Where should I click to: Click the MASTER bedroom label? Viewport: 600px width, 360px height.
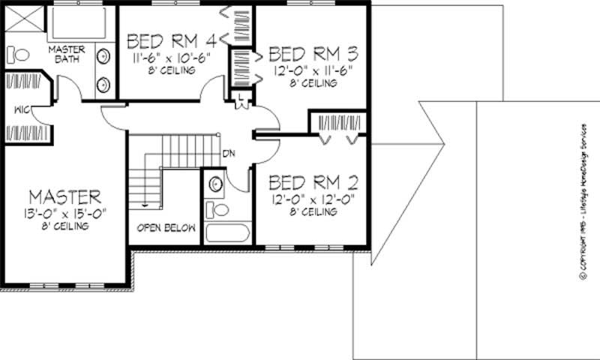(x=64, y=197)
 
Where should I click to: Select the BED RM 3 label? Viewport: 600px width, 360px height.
(x=312, y=54)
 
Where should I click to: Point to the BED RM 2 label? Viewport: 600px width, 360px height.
(x=313, y=182)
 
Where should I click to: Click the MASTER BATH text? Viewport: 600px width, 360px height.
(x=67, y=55)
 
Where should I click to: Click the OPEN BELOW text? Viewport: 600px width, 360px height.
(x=166, y=226)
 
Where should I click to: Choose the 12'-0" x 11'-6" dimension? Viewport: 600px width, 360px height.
(x=313, y=71)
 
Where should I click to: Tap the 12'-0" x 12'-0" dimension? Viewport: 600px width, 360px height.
(x=313, y=199)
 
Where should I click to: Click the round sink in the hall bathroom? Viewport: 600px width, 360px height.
(x=214, y=183)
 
